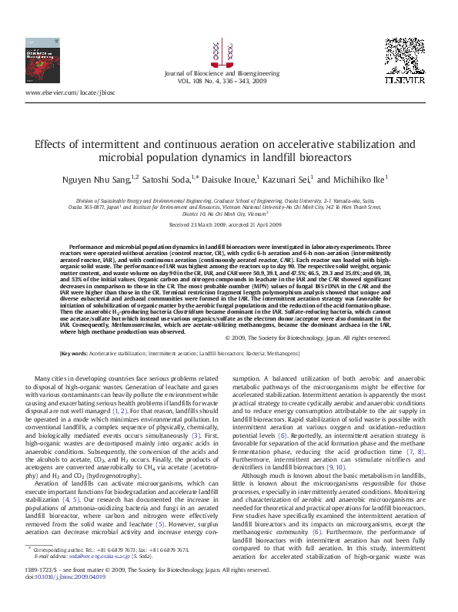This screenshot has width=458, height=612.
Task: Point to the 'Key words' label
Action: (74, 353)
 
